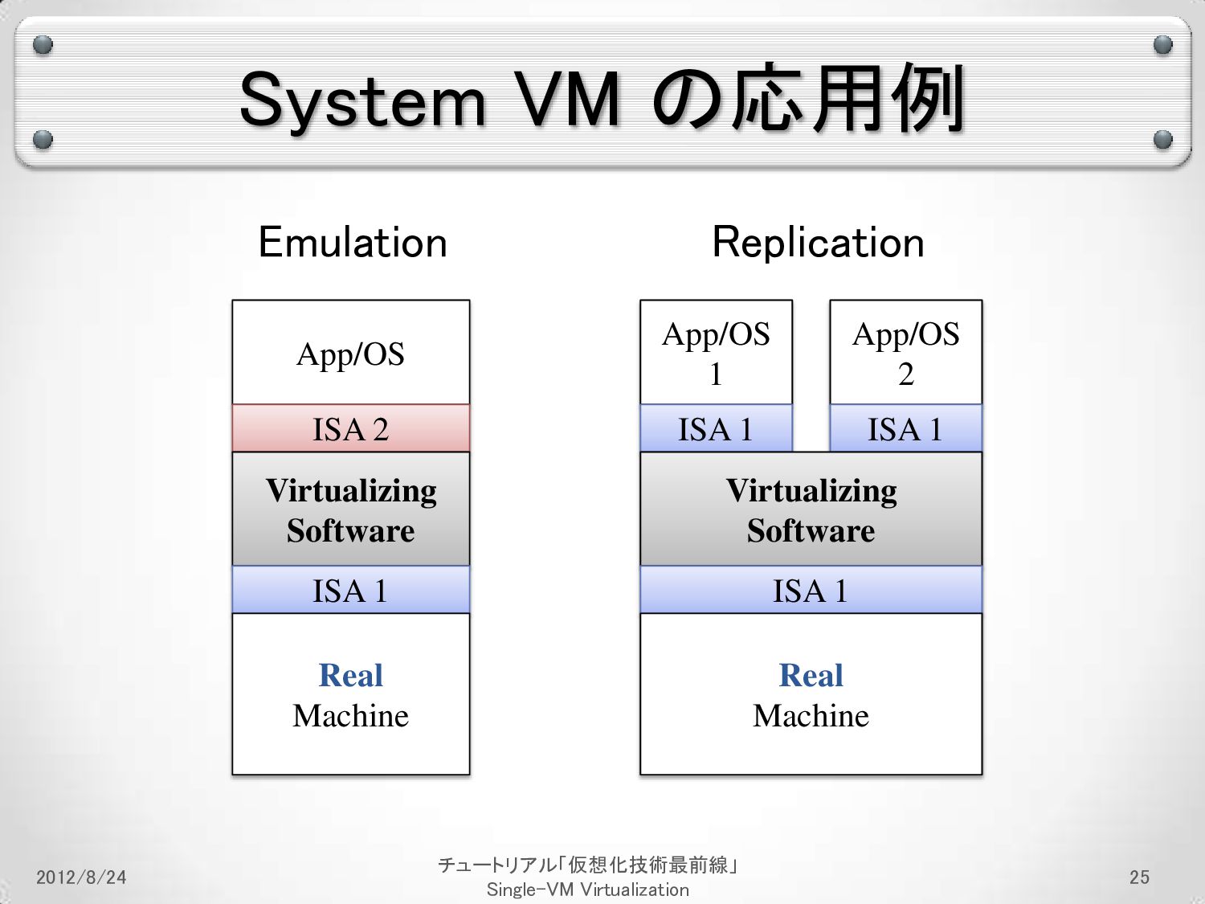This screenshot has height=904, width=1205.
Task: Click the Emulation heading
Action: point(352,243)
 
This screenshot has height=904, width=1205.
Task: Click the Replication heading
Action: point(818,243)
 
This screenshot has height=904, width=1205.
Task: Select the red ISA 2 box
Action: point(351,429)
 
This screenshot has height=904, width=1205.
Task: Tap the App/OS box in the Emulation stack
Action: point(351,354)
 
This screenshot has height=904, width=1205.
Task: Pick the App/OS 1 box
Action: point(716,354)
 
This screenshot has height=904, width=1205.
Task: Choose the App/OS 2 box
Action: point(905,354)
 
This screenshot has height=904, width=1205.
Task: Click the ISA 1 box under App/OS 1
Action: point(716,429)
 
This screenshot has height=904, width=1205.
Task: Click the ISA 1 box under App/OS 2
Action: point(905,429)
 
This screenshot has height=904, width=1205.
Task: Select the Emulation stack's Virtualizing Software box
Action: point(351,510)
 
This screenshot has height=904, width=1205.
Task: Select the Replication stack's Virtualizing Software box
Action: point(811,510)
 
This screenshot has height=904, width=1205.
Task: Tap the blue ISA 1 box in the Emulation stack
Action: point(351,591)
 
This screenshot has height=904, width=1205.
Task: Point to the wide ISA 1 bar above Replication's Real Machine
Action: point(811,591)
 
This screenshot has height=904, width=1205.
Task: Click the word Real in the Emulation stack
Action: point(351,676)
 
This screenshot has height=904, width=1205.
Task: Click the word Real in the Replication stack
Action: point(811,676)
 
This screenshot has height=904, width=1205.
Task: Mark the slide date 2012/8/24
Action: point(81,877)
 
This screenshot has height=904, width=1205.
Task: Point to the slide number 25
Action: point(1139,877)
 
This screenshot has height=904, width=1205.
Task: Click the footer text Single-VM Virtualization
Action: point(587,890)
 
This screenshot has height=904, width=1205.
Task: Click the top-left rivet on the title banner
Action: point(43,45)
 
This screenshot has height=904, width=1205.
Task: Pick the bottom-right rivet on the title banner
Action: point(1162,140)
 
